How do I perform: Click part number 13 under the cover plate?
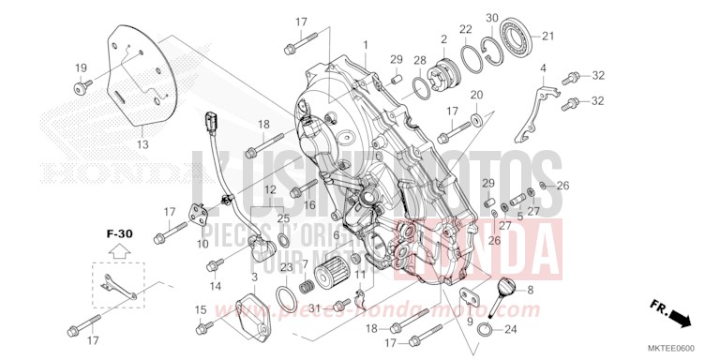(x=142, y=144)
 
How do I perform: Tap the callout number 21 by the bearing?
(x=548, y=37)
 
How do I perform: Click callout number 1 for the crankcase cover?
(x=366, y=45)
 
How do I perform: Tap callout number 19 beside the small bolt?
(x=81, y=67)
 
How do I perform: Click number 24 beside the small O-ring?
(x=510, y=329)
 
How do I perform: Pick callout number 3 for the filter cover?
(x=255, y=277)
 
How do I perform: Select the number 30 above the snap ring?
(x=492, y=19)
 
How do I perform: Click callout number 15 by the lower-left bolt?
(x=200, y=310)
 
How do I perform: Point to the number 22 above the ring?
(x=466, y=29)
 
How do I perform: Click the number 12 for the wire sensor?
(x=269, y=190)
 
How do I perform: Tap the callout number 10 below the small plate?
(x=202, y=244)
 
